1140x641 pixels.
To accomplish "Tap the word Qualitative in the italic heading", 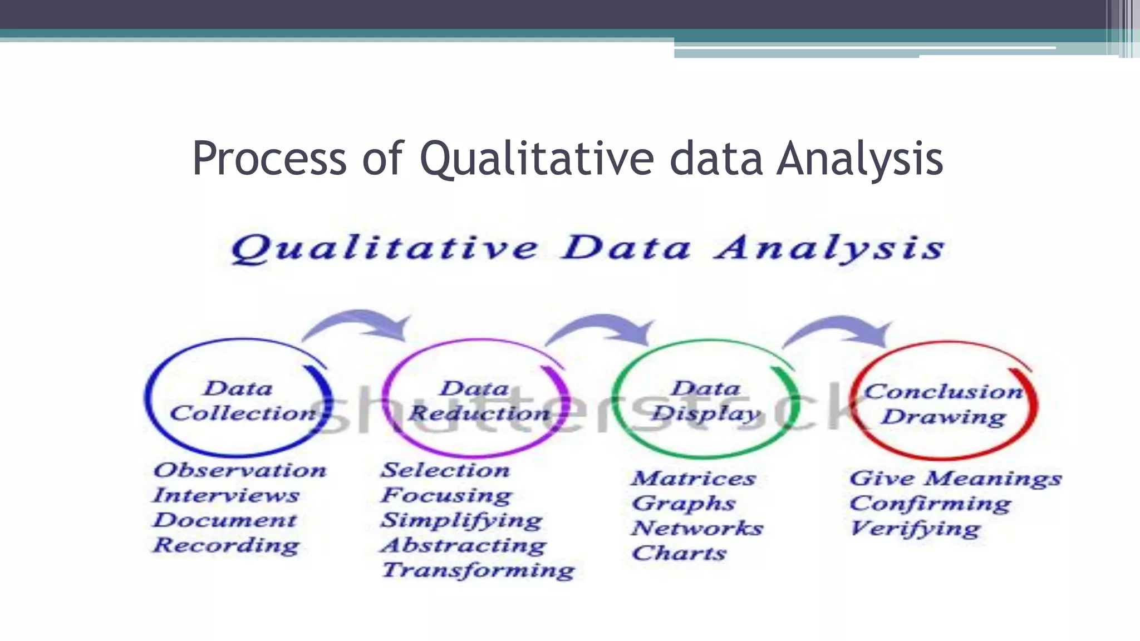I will pos(384,249).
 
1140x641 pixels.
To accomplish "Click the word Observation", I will pos(240,471).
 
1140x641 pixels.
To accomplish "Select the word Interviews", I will pos(226,495).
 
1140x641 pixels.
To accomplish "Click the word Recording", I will pos(226,545).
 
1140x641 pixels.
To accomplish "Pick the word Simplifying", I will pos(461,520).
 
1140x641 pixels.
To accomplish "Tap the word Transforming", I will pos(478,570).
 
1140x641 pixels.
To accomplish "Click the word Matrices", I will pos(694,479).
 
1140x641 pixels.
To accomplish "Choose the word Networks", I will pos(697,528).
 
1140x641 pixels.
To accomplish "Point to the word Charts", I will pos(679,553).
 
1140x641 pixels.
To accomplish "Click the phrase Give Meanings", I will pos(955,479).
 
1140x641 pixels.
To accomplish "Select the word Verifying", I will pos(915,529).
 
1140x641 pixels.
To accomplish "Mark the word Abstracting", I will pos(464,545).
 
